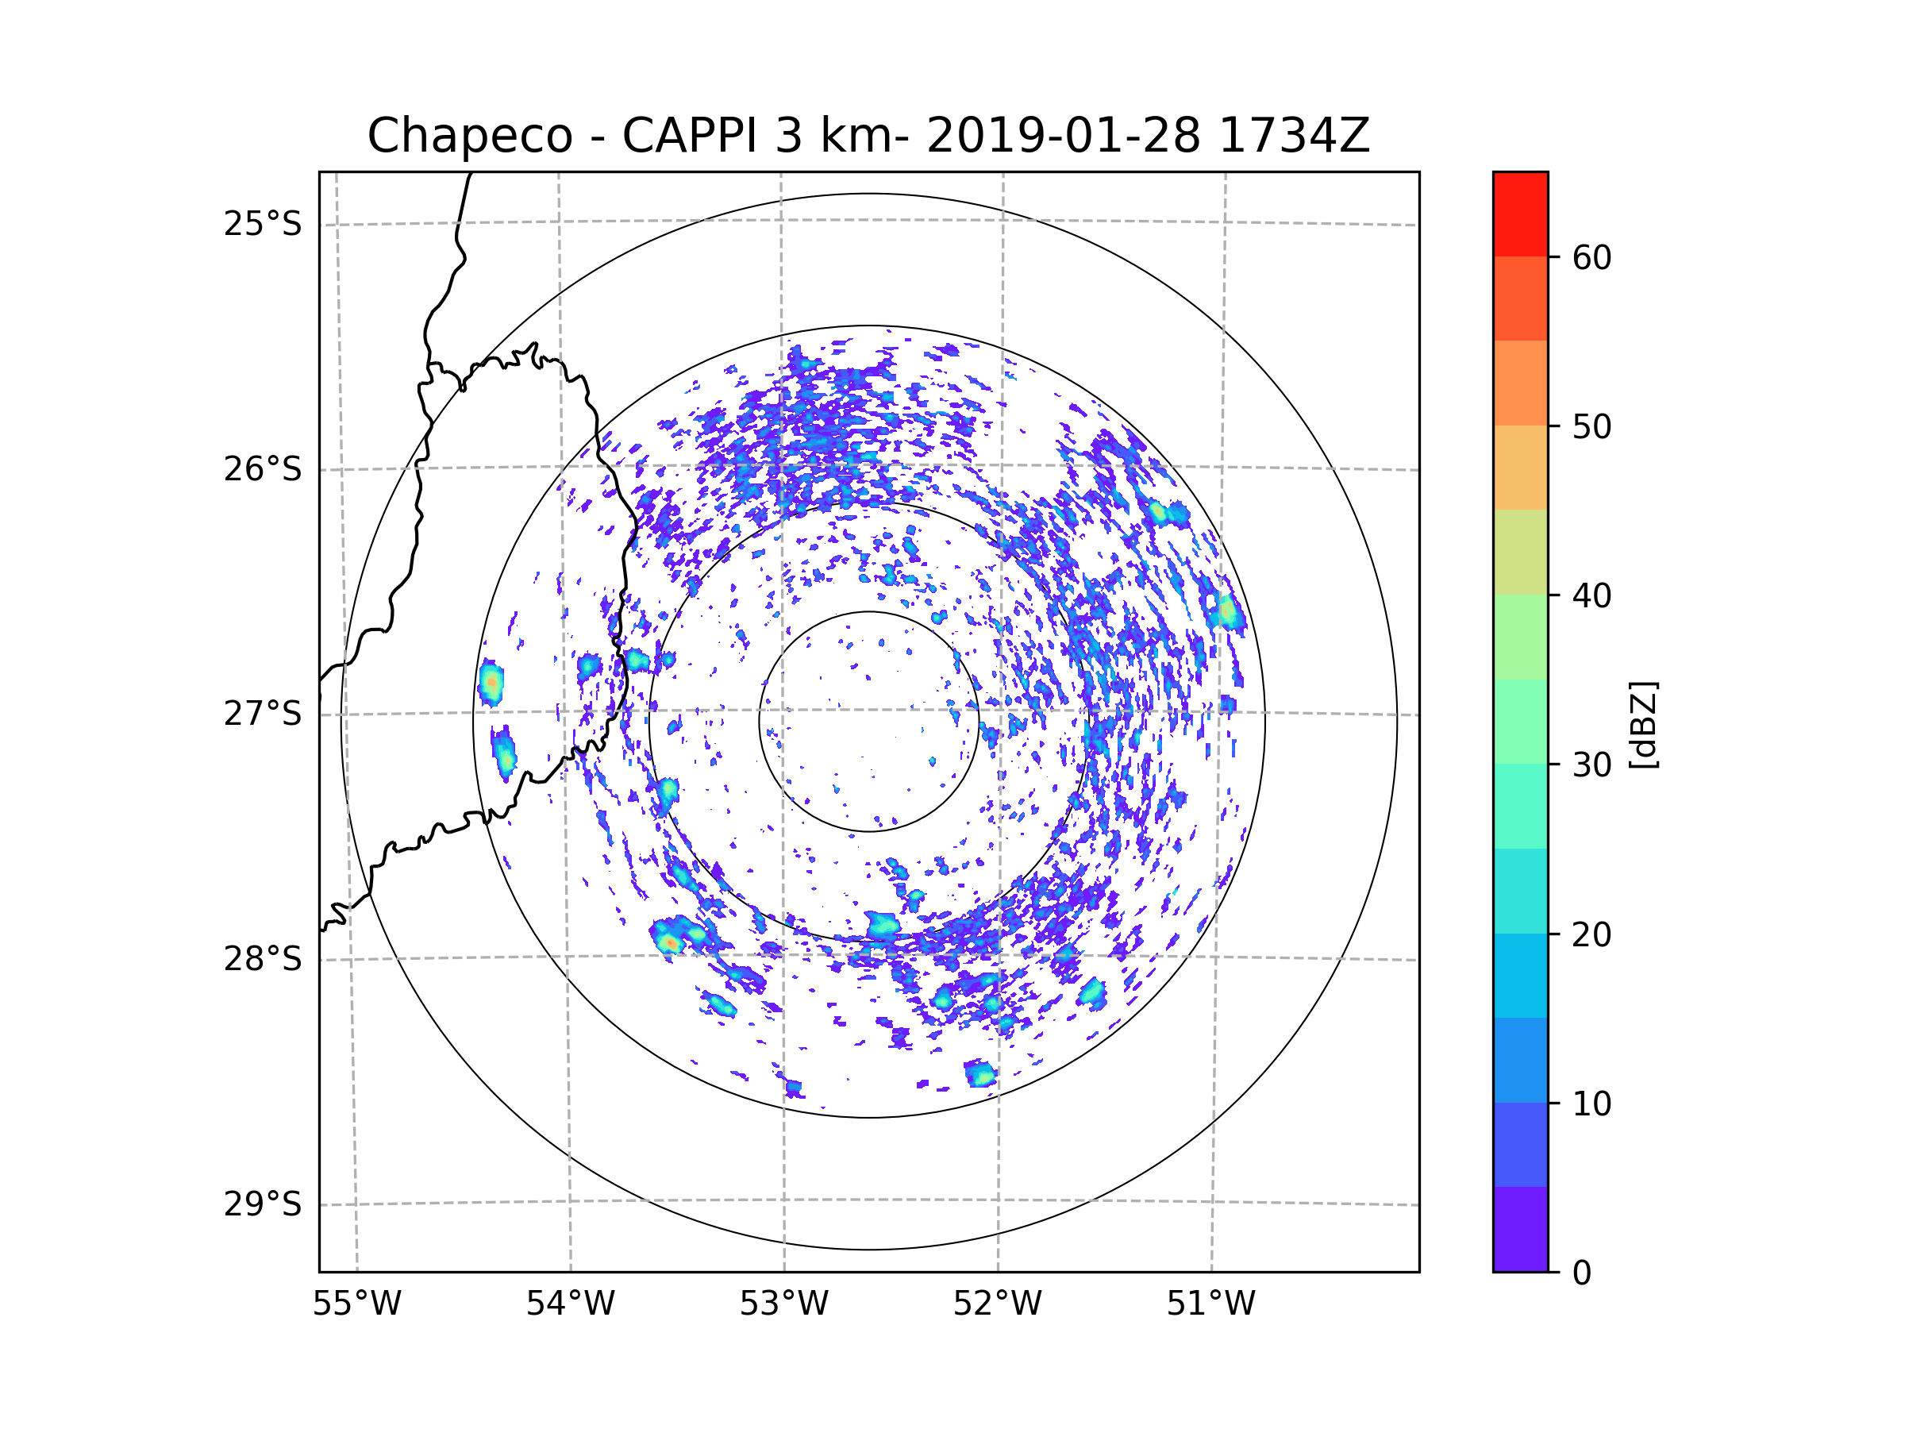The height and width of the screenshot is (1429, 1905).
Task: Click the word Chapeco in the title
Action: coord(469,136)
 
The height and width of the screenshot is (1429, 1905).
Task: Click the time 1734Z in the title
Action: coord(1294,136)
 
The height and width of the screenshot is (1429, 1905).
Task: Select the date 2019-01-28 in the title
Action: coord(1063,136)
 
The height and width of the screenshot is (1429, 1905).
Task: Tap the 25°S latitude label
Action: coord(263,224)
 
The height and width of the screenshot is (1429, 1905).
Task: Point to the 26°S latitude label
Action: coord(263,469)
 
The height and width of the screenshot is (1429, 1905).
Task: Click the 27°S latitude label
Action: coord(263,714)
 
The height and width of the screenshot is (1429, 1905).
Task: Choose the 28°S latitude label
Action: coord(263,959)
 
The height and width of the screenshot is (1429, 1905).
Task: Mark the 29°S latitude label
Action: coord(263,1204)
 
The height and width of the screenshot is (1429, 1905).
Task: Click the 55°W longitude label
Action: coord(356,1304)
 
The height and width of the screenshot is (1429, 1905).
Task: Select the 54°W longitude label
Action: coord(570,1304)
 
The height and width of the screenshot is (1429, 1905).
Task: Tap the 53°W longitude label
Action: coord(783,1304)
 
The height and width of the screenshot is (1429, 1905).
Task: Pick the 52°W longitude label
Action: coord(997,1304)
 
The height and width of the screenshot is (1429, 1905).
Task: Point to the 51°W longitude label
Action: coord(1210,1304)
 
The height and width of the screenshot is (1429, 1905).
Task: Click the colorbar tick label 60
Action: coord(1591,257)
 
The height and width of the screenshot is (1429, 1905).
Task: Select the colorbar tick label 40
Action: coord(1591,595)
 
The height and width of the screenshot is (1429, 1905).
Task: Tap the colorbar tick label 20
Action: coord(1591,934)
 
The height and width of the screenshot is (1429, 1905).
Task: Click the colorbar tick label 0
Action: coord(1582,1273)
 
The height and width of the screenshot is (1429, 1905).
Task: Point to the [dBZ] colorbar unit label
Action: coord(1643,724)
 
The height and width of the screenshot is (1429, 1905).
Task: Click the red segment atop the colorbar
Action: coord(1520,214)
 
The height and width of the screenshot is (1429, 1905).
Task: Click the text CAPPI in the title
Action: coord(691,136)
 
